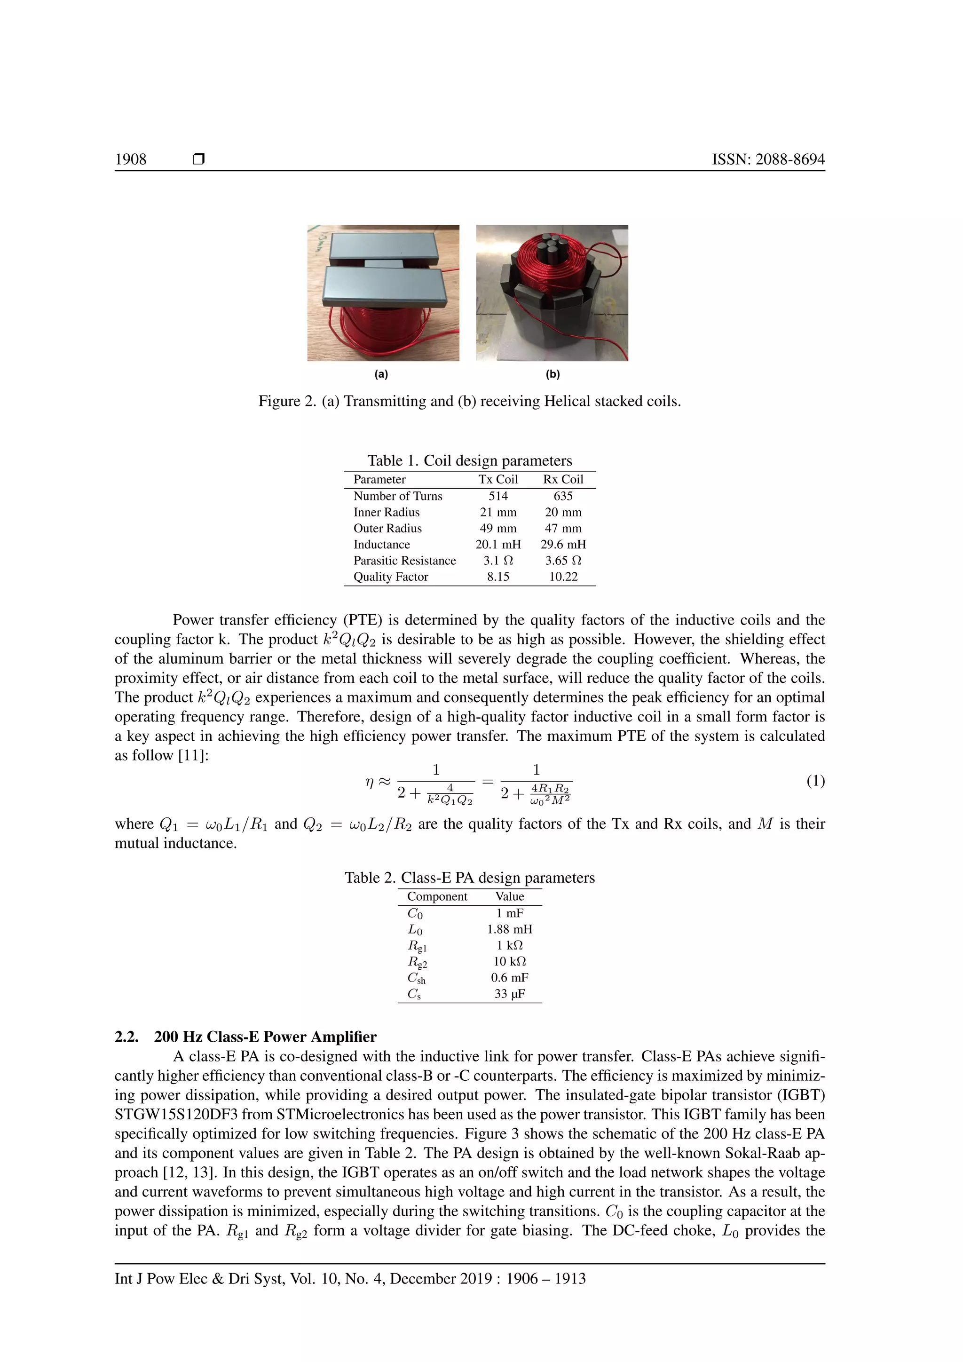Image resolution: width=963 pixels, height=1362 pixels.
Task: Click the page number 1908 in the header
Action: pyautogui.click(x=130, y=159)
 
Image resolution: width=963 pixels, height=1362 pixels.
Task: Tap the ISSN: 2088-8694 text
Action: pyautogui.click(x=768, y=159)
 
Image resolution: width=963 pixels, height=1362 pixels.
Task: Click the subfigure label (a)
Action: pyautogui.click(x=381, y=374)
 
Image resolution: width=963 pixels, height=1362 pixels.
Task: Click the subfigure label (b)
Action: pyautogui.click(x=552, y=374)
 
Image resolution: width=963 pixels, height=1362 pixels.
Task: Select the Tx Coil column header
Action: pyautogui.click(x=497, y=479)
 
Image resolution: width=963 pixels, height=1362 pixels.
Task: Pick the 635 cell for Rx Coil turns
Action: pyautogui.click(x=563, y=496)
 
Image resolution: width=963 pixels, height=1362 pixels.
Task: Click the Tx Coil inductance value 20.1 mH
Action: pyautogui.click(x=497, y=545)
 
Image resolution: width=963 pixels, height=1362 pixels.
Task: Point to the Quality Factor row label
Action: pyautogui.click(x=390, y=577)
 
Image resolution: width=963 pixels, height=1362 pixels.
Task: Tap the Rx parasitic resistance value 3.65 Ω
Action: pyautogui.click(x=563, y=561)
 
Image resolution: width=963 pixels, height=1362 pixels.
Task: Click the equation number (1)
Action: pyautogui.click(x=815, y=781)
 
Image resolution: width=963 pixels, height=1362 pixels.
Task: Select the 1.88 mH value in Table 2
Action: pyautogui.click(x=509, y=929)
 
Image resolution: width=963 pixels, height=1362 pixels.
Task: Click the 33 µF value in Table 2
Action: pyautogui.click(x=509, y=994)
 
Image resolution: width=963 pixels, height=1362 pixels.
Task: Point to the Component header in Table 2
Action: pyautogui.click(x=437, y=896)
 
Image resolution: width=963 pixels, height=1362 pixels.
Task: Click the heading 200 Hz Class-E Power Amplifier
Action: pyautogui.click(x=265, y=1037)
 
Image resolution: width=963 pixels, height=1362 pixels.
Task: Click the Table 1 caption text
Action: pyautogui.click(x=470, y=461)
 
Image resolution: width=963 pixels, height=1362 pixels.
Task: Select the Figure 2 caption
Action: pyautogui.click(x=470, y=402)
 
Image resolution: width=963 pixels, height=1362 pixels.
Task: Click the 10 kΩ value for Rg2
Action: pyautogui.click(x=509, y=962)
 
